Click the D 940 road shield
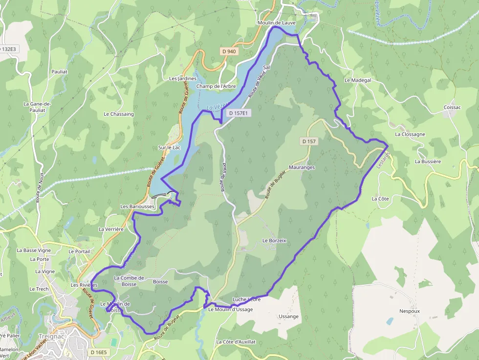click(x=228, y=51)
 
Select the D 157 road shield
click(x=310, y=141)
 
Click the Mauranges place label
click(x=302, y=167)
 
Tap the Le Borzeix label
click(x=274, y=240)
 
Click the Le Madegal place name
click(x=358, y=80)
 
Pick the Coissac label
click(x=452, y=107)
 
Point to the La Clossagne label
click(x=410, y=134)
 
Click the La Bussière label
click(x=428, y=161)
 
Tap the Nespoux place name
click(x=410, y=311)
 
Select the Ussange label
click(x=288, y=317)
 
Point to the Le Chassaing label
click(x=118, y=114)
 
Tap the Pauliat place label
click(x=59, y=71)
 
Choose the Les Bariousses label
click(x=137, y=207)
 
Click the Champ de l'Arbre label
click(x=216, y=86)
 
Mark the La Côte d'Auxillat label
click(x=236, y=342)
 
